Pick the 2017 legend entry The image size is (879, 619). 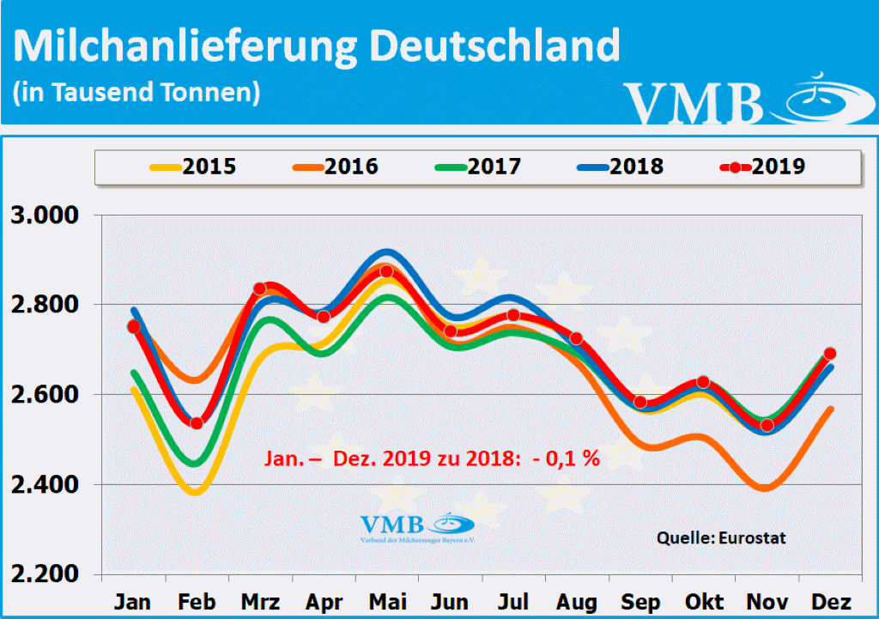(477, 166)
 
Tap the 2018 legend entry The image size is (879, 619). (620, 166)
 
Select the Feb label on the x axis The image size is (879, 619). (196, 601)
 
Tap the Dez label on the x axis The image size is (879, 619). (830, 601)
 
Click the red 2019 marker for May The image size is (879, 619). (386, 271)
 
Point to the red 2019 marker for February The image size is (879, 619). (196, 422)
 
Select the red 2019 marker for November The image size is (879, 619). (767, 425)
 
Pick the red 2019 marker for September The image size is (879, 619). (640, 403)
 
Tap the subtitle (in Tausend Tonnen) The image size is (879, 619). (136, 92)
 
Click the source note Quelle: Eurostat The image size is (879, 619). (721, 538)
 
